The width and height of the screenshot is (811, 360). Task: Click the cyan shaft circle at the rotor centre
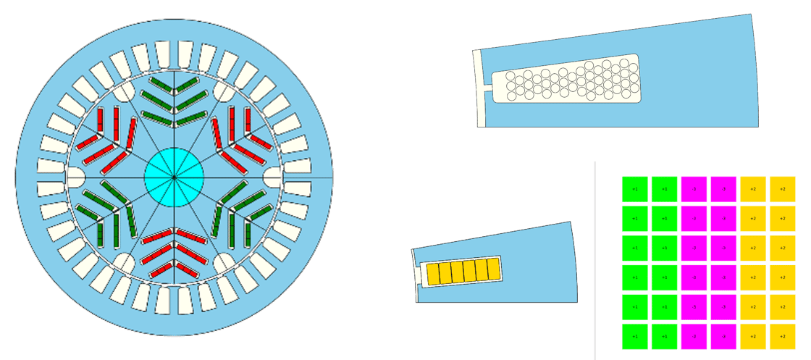(x=174, y=177)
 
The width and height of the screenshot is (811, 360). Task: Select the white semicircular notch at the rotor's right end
(x=273, y=177)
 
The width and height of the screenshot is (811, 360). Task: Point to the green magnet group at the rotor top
(x=174, y=102)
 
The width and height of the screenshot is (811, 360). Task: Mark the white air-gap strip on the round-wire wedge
(x=478, y=87)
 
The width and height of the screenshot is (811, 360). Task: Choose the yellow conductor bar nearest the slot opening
(x=435, y=273)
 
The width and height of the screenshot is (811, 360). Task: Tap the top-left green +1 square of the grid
(x=635, y=189)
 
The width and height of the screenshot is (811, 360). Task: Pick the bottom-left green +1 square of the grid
(x=635, y=336)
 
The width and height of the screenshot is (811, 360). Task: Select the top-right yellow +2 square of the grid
(x=783, y=189)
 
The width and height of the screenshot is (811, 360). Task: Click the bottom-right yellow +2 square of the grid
(x=783, y=336)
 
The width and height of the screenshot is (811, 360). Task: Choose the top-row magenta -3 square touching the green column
(x=694, y=189)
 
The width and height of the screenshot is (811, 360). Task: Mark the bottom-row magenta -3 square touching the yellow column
(x=723, y=336)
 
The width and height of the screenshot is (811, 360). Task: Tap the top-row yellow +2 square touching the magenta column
(x=753, y=189)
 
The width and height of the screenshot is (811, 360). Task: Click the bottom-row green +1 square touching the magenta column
(x=664, y=336)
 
